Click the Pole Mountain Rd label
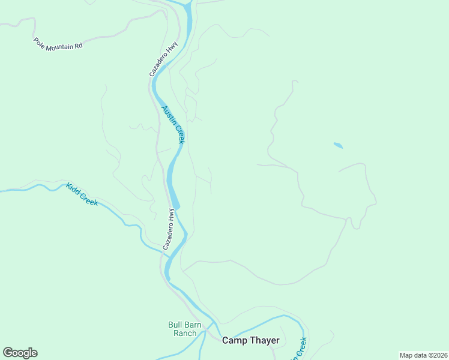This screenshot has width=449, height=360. tap(58, 44)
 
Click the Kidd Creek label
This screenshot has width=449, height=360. tap(82, 194)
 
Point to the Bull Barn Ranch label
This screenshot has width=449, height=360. tap(185, 329)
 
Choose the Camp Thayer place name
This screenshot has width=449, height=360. tap(250, 340)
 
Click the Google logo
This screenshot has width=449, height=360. tap(20, 353)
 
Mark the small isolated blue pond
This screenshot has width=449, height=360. tap(338, 145)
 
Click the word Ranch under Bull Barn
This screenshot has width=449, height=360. tap(185, 333)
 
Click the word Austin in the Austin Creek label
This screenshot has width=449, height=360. tap(169, 116)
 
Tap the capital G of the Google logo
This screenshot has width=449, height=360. tap(8, 353)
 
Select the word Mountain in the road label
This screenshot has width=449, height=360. tap(59, 44)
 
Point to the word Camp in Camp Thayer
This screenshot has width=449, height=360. tap(233, 340)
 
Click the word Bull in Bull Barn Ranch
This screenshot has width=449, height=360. tap(175, 325)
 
